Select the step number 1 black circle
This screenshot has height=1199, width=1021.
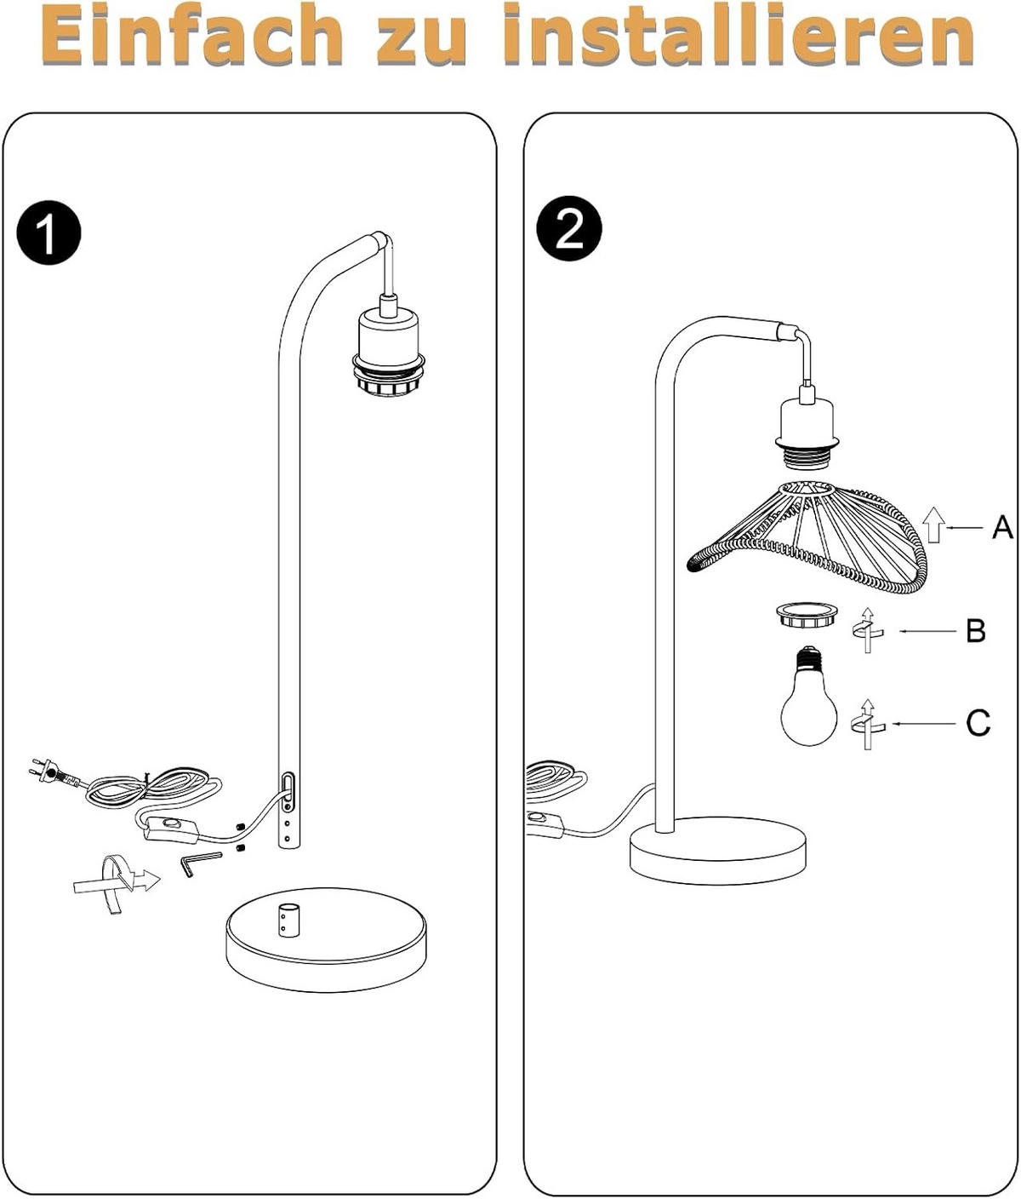[x=48, y=232]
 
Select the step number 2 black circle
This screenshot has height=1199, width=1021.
[x=569, y=229]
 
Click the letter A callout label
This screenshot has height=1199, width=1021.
[x=1002, y=528]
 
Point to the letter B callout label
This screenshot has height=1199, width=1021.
[x=976, y=631]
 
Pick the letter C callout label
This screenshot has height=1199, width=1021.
[x=978, y=724]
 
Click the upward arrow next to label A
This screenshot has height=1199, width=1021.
[x=933, y=525]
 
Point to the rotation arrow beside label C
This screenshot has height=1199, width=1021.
[x=867, y=725]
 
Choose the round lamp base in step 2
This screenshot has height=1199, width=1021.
[x=717, y=849]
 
